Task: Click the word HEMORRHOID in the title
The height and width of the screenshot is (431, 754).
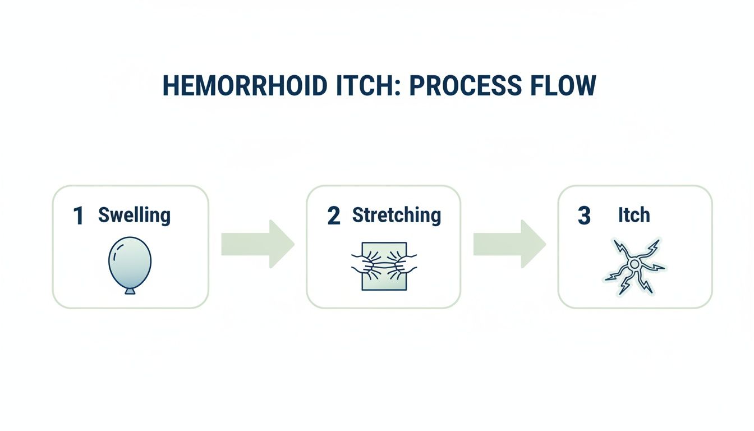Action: click(244, 86)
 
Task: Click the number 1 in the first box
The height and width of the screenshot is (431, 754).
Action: click(79, 216)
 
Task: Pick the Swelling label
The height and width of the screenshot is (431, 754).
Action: click(134, 215)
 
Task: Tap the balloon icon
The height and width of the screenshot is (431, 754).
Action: click(130, 263)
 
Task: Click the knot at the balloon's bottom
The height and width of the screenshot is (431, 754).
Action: click(130, 291)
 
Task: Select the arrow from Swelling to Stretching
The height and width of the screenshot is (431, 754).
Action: click(258, 244)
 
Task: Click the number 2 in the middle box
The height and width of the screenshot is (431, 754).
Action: click(333, 216)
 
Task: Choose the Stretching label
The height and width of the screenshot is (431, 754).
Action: click(396, 215)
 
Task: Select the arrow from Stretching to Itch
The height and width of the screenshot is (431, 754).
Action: click(509, 244)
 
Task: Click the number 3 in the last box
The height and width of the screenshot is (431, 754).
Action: click(584, 216)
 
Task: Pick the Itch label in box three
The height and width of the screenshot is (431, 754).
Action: click(633, 215)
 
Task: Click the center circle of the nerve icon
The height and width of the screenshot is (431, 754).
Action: click(635, 264)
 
